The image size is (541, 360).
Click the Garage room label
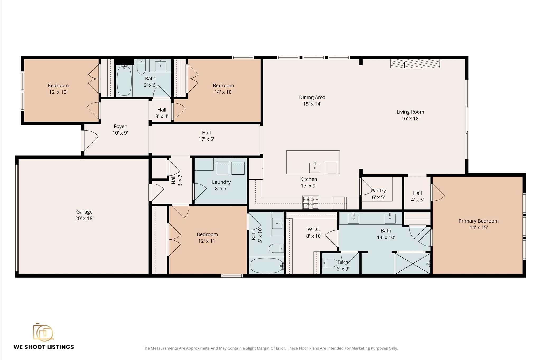click(84, 215)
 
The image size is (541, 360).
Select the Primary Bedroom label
click(478, 224)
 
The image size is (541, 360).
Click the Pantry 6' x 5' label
click(378, 194)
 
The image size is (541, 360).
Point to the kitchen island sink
click(315, 167)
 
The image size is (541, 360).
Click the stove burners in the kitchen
click(311, 202)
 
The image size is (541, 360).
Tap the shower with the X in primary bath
click(413, 264)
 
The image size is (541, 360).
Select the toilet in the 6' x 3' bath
click(329, 263)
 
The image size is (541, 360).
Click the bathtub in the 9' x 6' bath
click(124, 81)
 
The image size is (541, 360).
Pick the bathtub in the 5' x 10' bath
click(267, 265)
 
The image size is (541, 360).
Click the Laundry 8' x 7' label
click(221, 185)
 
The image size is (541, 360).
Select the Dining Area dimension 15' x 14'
click(312, 104)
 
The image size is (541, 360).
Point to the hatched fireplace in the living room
click(415, 64)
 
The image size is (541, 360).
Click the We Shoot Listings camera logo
click(43, 332)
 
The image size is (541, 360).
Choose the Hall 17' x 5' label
click(206, 136)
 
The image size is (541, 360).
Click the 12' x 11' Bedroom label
click(207, 237)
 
